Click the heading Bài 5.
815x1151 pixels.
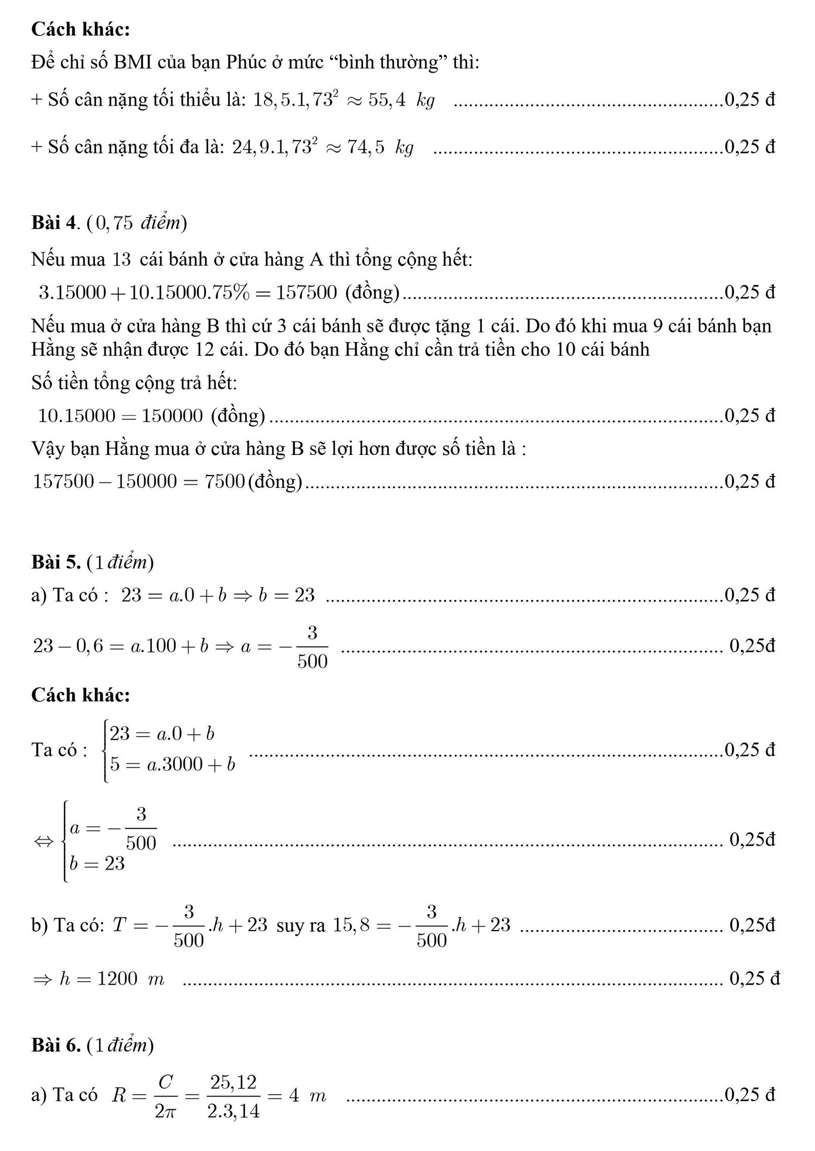pyautogui.click(x=56, y=562)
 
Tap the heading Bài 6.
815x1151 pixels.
pyautogui.click(x=56, y=1045)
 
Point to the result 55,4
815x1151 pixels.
pyautogui.click(x=387, y=100)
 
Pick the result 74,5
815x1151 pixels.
pyautogui.click(x=366, y=147)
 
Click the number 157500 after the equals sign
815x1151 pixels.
pyautogui.click(x=307, y=292)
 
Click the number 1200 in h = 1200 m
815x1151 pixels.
pyautogui.click(x=117, y=979)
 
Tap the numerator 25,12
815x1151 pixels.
pyautogui.click(x=234, y=1082)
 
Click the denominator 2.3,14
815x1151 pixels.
pyautogui.click(x=234, y=1111)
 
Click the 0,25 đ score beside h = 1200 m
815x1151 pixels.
pyautogui.click(x=754, y=979)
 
